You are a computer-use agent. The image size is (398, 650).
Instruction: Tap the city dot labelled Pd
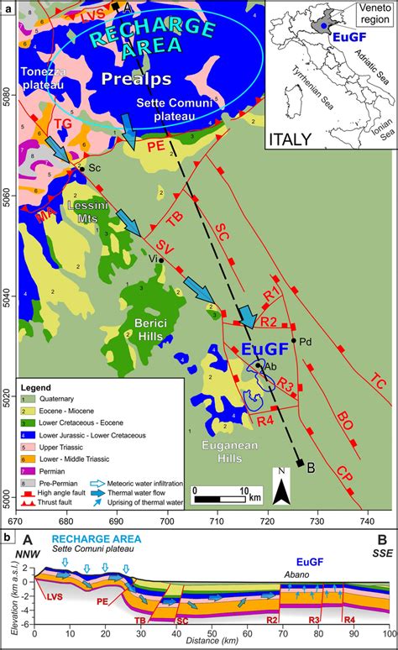point(293,341)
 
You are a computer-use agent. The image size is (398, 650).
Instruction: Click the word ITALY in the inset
point(293,138)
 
